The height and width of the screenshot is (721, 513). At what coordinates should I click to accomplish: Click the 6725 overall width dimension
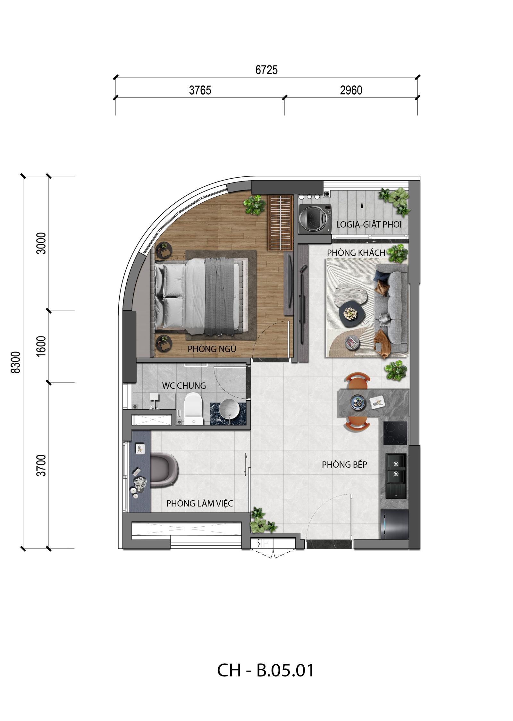(266, 70)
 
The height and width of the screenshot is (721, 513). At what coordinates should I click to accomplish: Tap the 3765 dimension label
(200, 90)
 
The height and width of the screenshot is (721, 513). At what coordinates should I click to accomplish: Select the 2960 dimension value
(351, 90)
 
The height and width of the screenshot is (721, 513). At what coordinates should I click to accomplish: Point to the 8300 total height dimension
(15, 362)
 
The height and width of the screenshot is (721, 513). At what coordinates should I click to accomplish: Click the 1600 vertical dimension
(41, 346)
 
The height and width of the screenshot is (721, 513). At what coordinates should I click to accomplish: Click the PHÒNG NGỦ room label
(212, 349)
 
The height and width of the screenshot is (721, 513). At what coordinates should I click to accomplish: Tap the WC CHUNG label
(184, 386)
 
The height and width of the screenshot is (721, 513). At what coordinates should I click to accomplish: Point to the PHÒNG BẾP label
(344, 464)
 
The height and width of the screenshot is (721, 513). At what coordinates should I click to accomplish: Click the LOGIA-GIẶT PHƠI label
(369, 224)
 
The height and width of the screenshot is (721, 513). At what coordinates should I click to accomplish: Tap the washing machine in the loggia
(315, 219)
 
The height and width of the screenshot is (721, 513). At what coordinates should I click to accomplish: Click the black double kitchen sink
(396, 476)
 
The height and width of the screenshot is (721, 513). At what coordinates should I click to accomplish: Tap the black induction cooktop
(395, 433)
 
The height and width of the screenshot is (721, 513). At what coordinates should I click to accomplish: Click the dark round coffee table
(352, 312)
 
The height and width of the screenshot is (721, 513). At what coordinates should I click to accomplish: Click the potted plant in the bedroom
(255, 205)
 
